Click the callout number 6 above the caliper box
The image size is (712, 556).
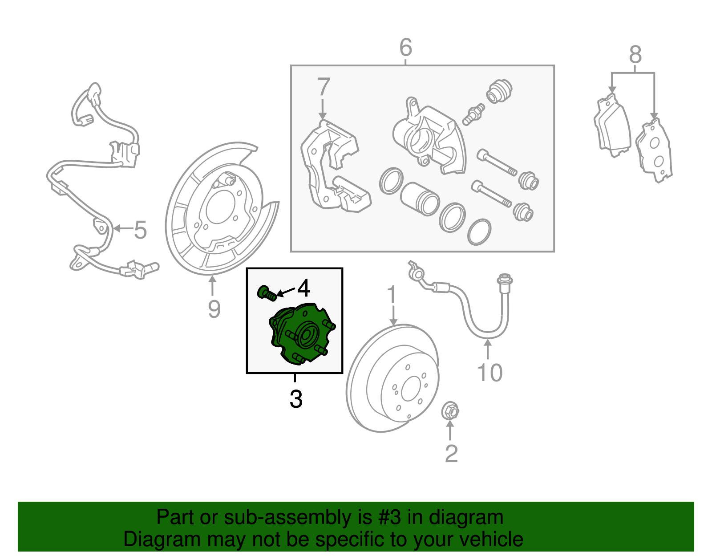click(x=406, y=47)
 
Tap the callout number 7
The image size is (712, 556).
click(x=324, y=87)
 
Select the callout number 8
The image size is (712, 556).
click(x=635, y=55)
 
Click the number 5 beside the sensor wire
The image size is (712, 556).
click(x=140, y=230)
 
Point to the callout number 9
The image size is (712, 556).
click(x=214, y=308)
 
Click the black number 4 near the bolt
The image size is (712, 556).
click(x=303, y=288)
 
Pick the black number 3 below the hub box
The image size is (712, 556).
click(x=296, y=399)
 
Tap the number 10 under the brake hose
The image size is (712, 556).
click(x=489, y=373)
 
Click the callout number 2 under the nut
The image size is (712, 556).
click(x=451, y=454)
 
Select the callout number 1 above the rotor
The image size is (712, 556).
click(x=392, y=295)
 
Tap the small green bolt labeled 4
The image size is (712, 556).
click(x=266, y=293)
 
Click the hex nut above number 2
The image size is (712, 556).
click(x=450, y=410)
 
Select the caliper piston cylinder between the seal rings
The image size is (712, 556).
click(x=419, y=199)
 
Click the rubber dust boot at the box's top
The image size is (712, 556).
click(x=499, y=91)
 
